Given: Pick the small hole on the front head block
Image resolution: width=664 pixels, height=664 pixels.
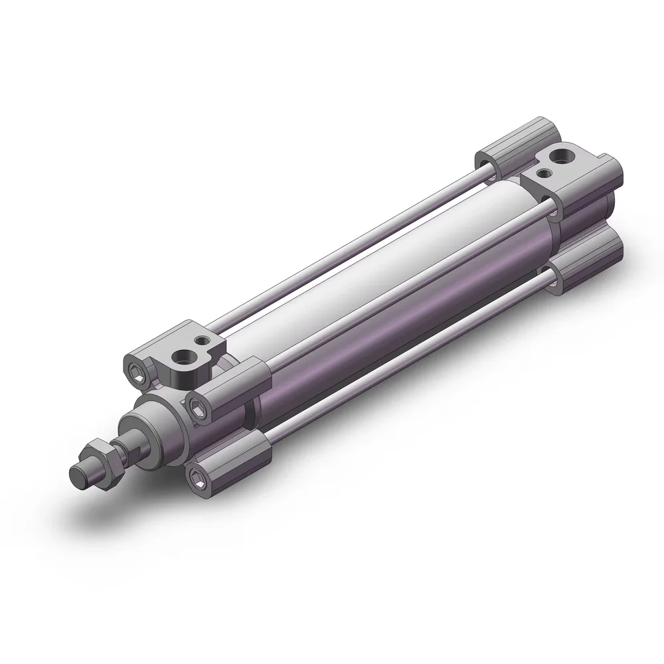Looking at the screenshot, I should point(198,341).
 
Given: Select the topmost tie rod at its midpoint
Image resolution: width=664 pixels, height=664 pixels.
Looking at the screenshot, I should point(345,246).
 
